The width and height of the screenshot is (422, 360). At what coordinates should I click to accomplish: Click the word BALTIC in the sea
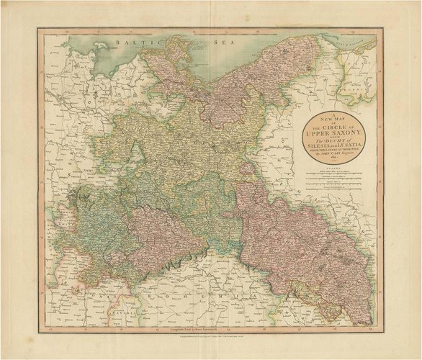(120, 43)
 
